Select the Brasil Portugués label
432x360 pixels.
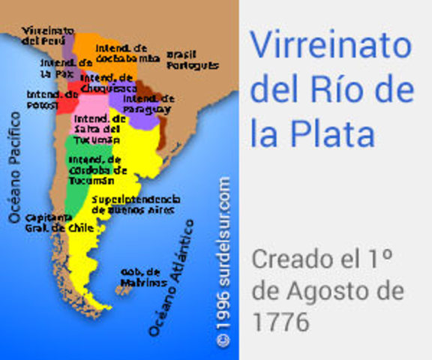192,59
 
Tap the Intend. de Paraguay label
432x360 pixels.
148,103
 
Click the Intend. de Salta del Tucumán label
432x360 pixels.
97,129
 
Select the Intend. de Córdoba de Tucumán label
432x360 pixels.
93,170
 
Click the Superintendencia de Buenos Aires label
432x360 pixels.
136,204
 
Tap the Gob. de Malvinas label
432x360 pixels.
142,277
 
